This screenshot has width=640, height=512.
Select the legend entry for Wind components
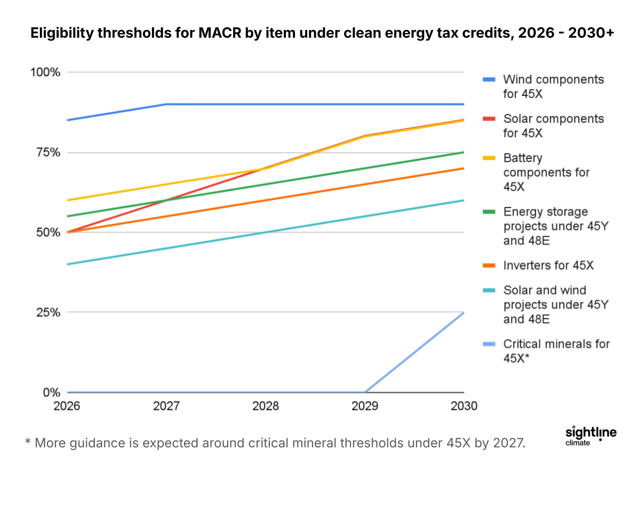[x=553, y=86]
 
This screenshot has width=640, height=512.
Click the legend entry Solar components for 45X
[x=553, y=125]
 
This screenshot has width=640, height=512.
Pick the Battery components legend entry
[x=546, y=172]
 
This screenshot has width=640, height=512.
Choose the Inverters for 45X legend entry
[x=548, y=265]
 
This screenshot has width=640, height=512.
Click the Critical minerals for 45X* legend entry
[x=556, y=351]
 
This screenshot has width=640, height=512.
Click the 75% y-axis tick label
[x=47, y=153]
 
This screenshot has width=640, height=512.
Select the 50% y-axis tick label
[x=47, y=233]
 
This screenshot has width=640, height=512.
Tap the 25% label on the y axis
[x=47, y=313]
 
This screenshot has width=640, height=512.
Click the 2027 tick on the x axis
[x=166, y=406]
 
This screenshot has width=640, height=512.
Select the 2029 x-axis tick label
[x=365, y=406]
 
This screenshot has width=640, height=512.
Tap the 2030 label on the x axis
[x=464, y=406]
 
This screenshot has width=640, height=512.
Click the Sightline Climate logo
[x=590, y=435]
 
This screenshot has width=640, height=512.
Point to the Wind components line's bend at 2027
[x=166, y=104]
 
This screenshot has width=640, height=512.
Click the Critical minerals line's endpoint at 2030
[x=464, y=313]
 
